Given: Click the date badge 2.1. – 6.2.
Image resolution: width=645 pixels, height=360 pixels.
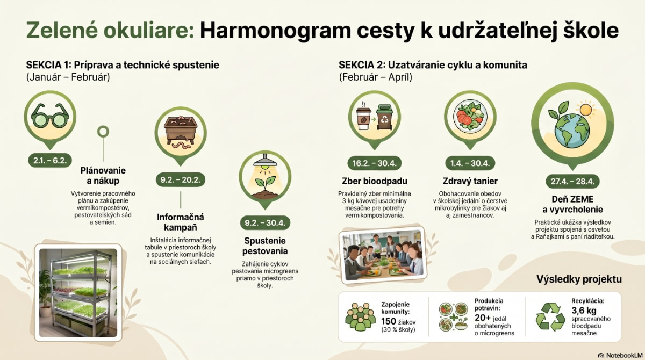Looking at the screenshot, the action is pyautogui.click(x=50, y=161).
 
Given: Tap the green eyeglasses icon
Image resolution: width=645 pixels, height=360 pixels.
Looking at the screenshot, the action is pyautogui.click(x=50, y=116).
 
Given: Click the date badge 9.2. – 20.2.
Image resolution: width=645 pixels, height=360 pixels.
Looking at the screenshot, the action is pyautogui.click(x=181, y=180).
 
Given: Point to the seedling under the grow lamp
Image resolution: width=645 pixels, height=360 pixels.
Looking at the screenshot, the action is pyautogui.click(x=265, y=186).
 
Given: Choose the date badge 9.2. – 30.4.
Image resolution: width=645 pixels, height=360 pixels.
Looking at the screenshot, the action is pyautogui.click(x=265, y=223).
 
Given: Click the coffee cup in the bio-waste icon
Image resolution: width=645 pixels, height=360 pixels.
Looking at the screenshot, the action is pyautogui.click(x=363, y=118).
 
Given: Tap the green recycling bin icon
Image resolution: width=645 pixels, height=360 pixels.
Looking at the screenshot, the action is pyautogui.click(x=385, y=117).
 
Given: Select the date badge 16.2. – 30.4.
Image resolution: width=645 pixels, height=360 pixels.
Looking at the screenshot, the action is pyautogui.click(x=374, y=163).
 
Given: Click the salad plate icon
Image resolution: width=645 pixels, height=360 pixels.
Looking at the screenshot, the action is pyautogui.click(x=470, y=116).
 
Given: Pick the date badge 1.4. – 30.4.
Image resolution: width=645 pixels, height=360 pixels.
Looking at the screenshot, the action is pyautogui.click(x=470, y=163).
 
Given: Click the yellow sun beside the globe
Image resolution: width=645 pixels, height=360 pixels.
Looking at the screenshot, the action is pyautogui.click(x=586, y=110).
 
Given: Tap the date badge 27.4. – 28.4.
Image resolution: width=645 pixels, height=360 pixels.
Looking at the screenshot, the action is pyautogui.click(x=573, y=182).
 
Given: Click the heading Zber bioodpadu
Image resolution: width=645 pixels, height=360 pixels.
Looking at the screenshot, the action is pyautogui.click(x=375, y=181).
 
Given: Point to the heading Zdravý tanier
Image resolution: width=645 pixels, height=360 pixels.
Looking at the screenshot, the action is pyautogui.click(x=470, y=181).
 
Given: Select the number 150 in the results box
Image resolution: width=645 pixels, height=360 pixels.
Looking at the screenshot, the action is pyautogui.click(x=389, y=321).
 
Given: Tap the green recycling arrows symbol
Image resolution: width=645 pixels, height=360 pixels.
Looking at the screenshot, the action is pyautogui.click(x=550, y=316).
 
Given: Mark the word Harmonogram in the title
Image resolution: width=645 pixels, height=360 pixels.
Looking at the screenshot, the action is pyautogui.click(x=275, y=31).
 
